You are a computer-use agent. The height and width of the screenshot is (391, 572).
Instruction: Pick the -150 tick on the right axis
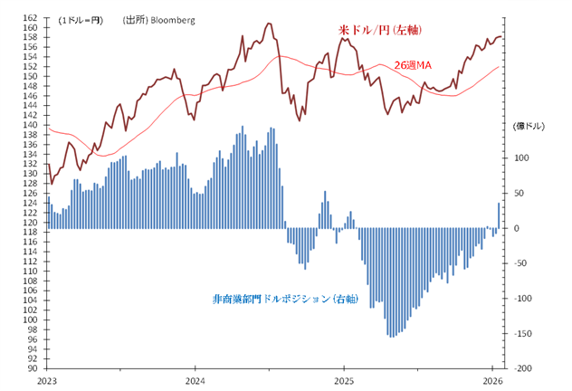521,334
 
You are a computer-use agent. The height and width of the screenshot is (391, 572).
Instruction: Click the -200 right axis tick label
521,369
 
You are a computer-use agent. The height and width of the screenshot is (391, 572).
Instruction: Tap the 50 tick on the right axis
520,193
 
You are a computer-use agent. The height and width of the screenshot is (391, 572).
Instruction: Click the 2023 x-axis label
47,381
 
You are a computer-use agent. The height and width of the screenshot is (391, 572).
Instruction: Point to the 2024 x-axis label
195,381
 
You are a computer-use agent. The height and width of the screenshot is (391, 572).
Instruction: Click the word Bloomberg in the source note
172,19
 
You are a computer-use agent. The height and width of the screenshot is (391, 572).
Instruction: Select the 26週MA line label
413,65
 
